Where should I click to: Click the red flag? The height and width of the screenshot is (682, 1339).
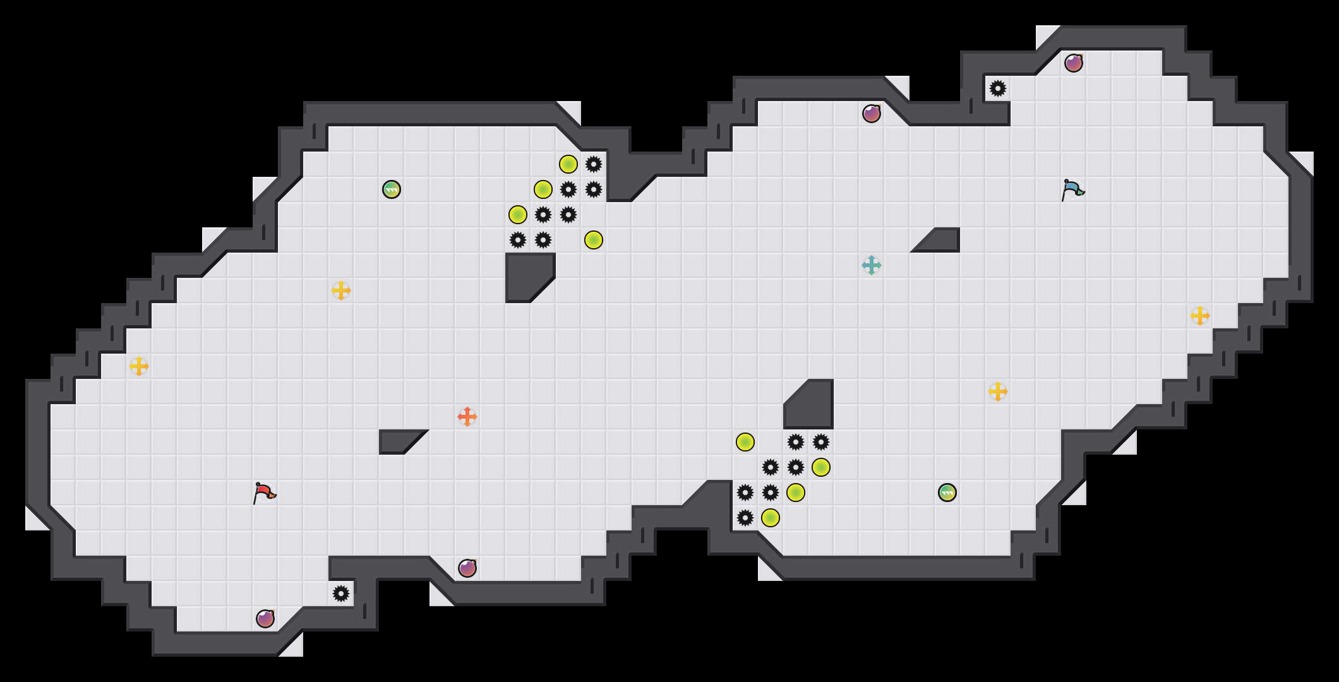(x=264, y=493)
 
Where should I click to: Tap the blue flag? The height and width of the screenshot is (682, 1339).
(x=1072, y=189)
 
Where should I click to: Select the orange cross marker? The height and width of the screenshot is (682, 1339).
(x=467, y=417)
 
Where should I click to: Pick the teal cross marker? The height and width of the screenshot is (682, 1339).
(x=872, y=265)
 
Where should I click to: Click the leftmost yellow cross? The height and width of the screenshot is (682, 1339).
(x=139, y=366)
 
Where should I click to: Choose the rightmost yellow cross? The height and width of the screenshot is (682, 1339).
(x=1200, y=316)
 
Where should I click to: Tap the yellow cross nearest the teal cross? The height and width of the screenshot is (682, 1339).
(x=998, y=392)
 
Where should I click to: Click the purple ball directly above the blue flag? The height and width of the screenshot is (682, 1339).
(x=1074, y=63)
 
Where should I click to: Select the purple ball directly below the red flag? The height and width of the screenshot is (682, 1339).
(x=265, y=619)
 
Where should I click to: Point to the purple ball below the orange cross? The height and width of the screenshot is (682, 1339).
(x=467, y=568)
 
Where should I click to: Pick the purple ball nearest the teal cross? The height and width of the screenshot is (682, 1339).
(x=872, y=114)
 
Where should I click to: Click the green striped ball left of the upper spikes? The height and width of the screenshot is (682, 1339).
(x=392, y=189)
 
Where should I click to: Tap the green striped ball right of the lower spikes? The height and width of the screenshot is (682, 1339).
(x=947, y=493)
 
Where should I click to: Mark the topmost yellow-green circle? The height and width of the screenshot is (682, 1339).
(x=568, y=164)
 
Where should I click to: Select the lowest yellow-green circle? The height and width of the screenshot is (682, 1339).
(x=771, y=518)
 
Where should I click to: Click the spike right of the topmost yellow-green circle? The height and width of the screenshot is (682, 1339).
(x=594, y=164)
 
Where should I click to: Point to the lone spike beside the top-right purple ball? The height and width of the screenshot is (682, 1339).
(x=998, y=88)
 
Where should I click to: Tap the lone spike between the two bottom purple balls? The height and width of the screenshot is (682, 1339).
(x=341, y=594)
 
